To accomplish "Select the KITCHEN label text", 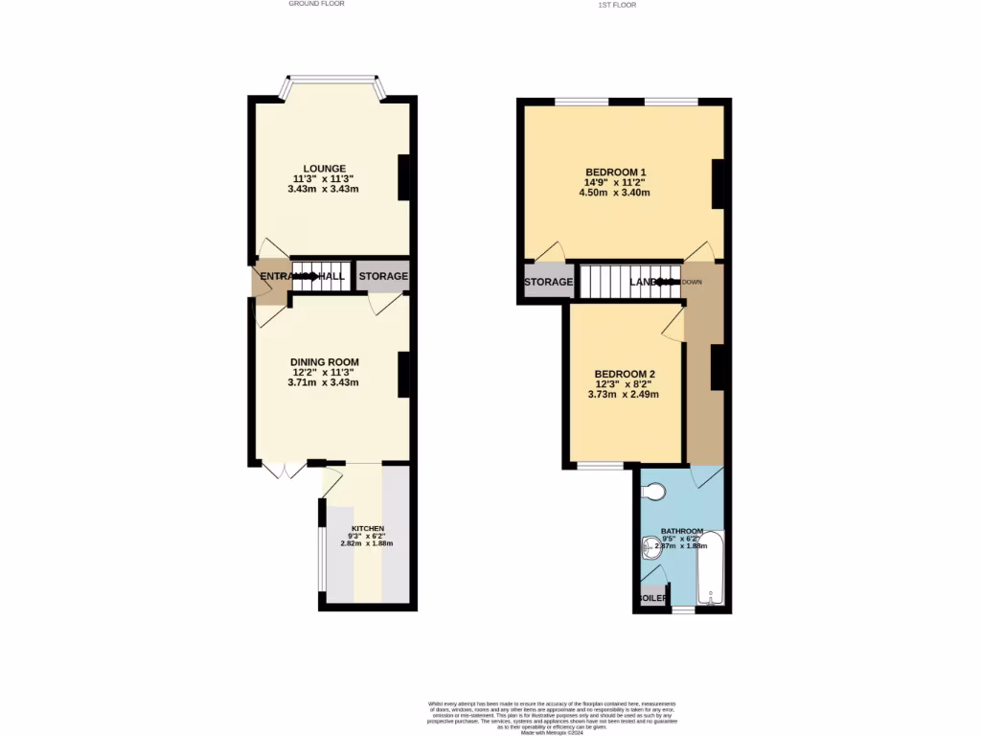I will coord(367,529).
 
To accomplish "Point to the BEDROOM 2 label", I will coord(625,373).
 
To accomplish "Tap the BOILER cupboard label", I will coord(652,598).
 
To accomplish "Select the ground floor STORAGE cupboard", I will coord(383,276).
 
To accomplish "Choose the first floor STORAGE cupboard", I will coord(548,282).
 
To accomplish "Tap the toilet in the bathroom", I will coord(653,492).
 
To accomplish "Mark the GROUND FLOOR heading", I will coord(316,4).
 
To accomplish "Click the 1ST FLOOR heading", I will coord(617,5).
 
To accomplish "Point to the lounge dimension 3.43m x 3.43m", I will coord(323,189).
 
